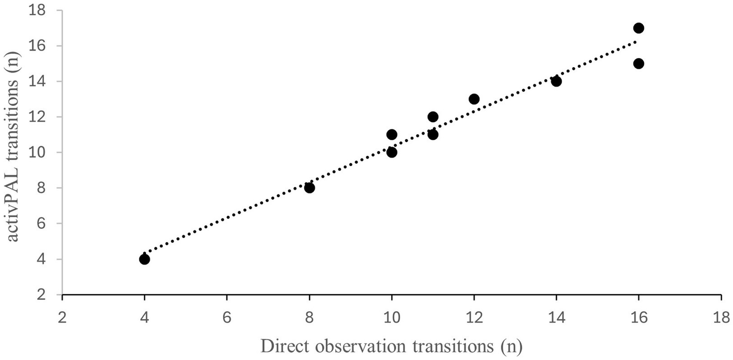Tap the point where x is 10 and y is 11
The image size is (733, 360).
392,135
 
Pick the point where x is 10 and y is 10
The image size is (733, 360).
392,152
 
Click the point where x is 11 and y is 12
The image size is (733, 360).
433,117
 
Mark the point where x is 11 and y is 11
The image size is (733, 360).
433,135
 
